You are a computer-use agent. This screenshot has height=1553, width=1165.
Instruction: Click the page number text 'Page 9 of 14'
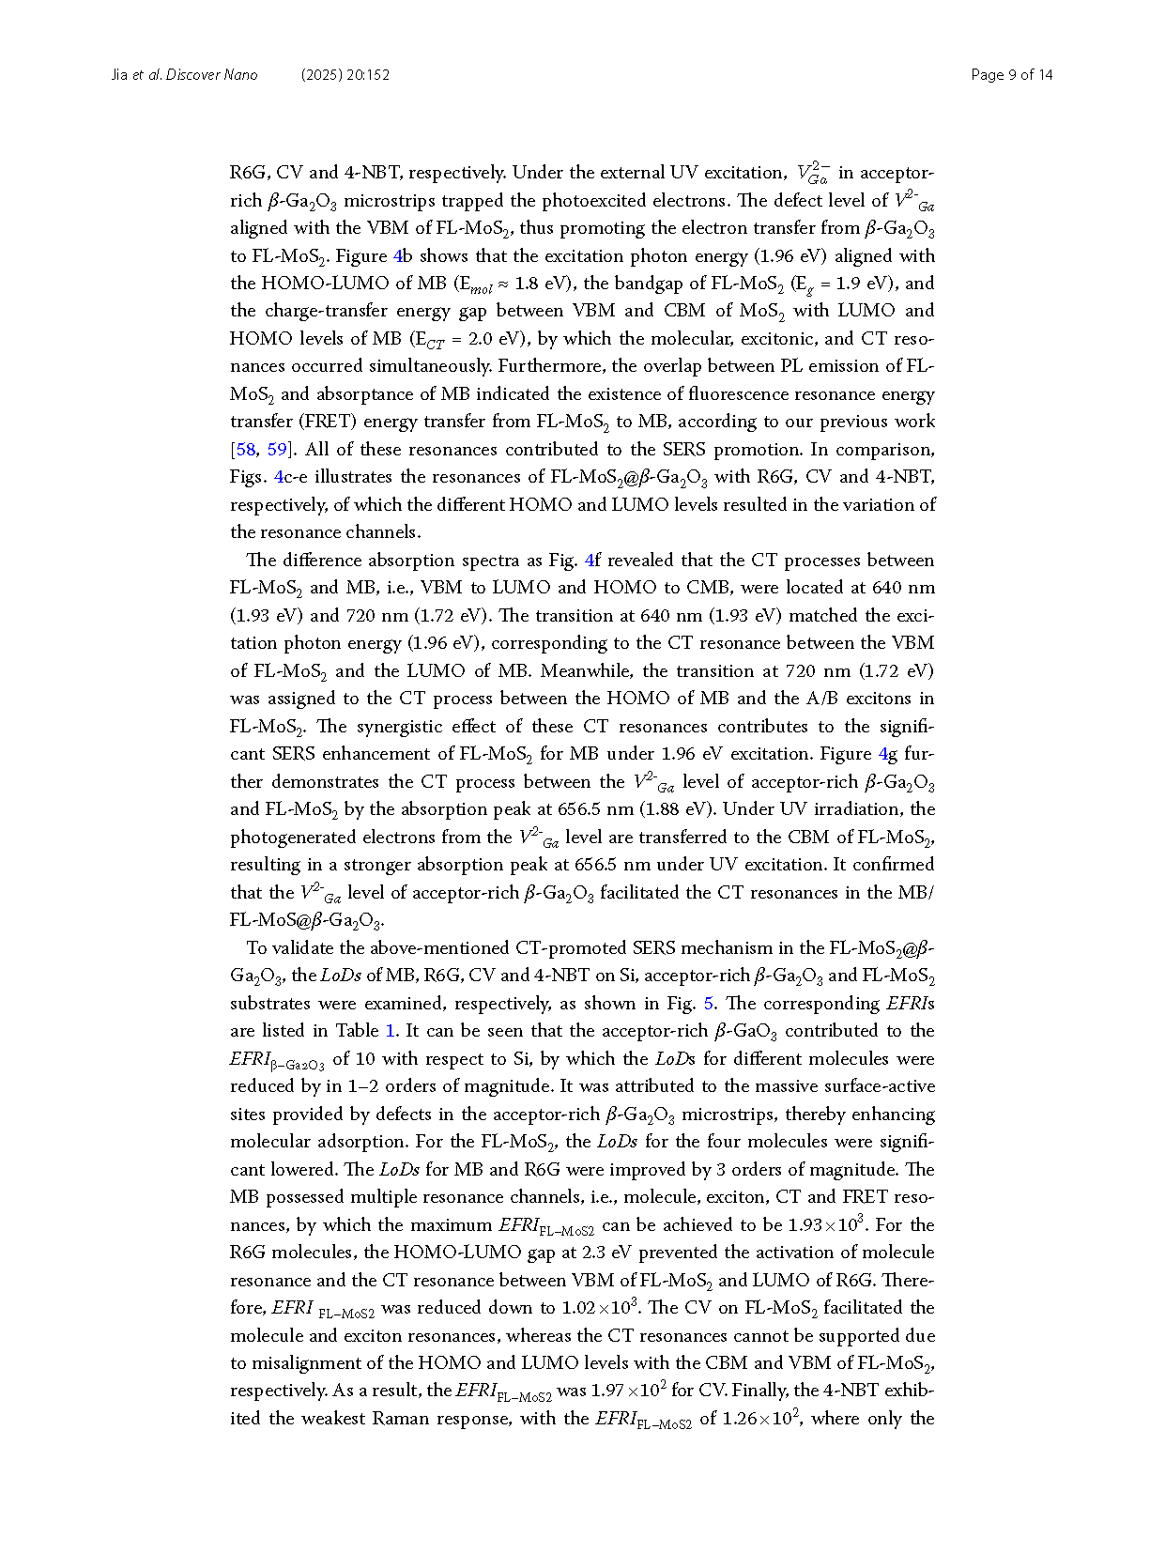1011,75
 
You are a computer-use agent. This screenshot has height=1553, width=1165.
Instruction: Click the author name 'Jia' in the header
119,75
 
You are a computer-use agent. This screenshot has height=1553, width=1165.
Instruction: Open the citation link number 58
246,450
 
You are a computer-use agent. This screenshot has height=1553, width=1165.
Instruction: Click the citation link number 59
277,450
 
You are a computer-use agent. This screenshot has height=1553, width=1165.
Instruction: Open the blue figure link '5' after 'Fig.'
708,1004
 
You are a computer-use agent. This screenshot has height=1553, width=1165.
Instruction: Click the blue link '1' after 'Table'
391,1031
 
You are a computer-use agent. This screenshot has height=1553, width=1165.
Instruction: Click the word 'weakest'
332,1419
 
